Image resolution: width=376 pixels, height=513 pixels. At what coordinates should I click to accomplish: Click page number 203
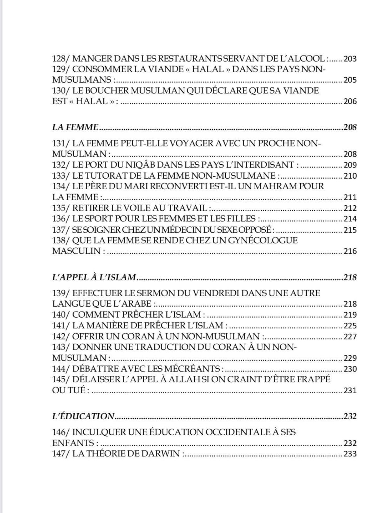pos(350,59)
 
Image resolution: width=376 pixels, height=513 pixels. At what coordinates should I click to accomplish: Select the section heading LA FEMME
pos(75,127)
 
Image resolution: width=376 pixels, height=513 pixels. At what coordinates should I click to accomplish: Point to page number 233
pos(350,454)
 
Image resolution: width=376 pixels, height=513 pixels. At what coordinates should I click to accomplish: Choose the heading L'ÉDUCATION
pos(83,416)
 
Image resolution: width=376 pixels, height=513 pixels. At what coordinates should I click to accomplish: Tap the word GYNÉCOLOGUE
pos(261,240)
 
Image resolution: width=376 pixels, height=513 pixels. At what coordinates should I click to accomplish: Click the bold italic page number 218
pos(350,277)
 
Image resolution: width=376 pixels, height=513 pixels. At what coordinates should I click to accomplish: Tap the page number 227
pos(350,337)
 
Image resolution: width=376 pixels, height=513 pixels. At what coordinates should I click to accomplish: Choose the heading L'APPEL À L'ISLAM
pos(94,277)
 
